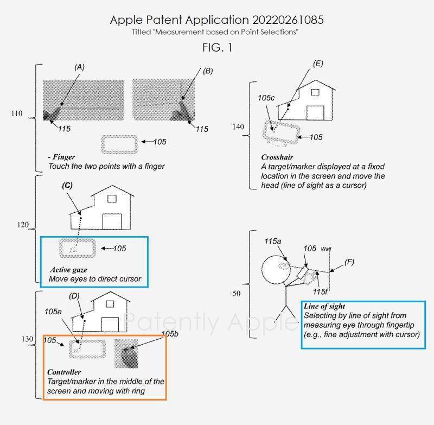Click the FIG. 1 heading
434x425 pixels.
click(218, 48)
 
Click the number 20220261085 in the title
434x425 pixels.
click(288, 20)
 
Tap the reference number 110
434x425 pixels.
click(17, 113)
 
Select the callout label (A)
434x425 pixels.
click(79, 67)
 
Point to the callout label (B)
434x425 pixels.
click(208, 71)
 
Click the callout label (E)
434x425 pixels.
click(318, 64)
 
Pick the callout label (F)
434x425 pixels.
click(349, 262)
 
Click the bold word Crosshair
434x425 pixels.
click(277, 157)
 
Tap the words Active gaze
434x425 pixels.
click(69, 270)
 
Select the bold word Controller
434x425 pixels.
click(64, 372)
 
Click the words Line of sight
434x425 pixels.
click(324, 306)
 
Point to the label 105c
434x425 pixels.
click(266, 98)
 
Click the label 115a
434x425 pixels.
click(273, 241)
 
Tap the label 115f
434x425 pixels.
click(320, 291)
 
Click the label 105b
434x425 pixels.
click(170, 334)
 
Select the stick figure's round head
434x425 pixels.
click(276, 269)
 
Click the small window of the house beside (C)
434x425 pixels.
click(112, 199)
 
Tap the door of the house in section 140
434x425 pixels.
click(315, 113)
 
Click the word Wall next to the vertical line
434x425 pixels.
click(326, 249)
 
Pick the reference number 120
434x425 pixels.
click(23, 225)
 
